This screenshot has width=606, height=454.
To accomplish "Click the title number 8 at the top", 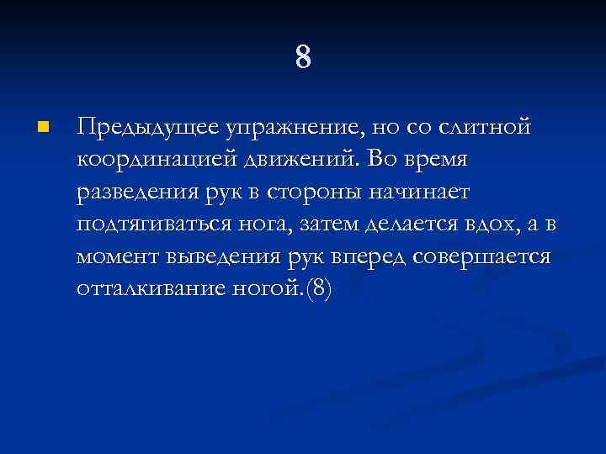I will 304,58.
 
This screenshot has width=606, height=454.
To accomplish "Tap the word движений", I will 286,161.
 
